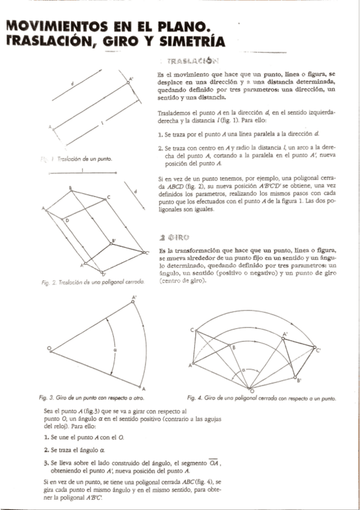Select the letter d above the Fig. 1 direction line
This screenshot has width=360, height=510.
(x=72, y=83)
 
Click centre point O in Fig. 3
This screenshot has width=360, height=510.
(x=50, y=348)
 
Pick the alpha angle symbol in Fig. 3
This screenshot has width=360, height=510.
(x=114, y=348)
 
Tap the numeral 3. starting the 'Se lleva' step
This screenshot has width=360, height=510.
(x=46, y=463)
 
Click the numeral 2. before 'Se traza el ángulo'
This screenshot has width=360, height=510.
(x=46, y=449)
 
